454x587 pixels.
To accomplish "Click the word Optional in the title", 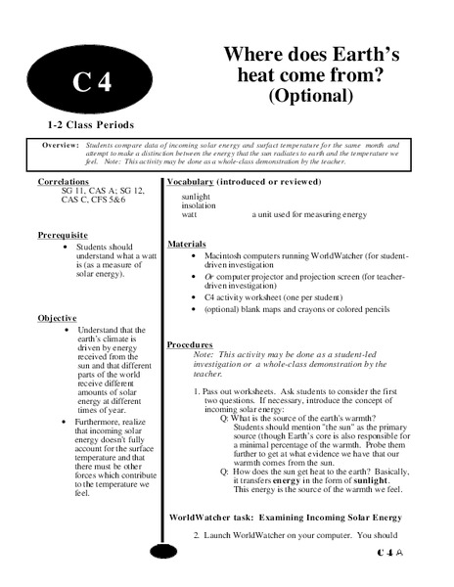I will tap(310, 95).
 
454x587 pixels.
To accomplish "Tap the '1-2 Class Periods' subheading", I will tap(90, 126).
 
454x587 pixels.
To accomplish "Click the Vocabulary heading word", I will tap(198, 183).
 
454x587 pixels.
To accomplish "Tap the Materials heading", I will tap(189, 243).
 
